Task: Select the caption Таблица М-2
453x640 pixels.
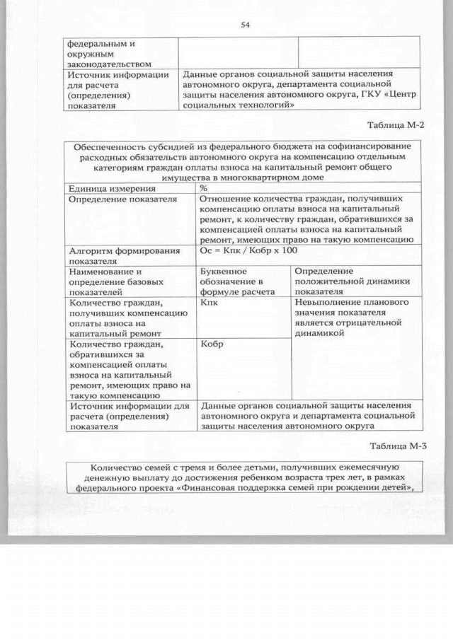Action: click(395, 125)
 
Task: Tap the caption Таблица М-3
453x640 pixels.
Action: click(395, 446)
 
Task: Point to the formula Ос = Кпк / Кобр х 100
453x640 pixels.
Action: click(249, 250)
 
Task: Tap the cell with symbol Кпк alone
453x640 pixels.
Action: click(210, 303)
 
